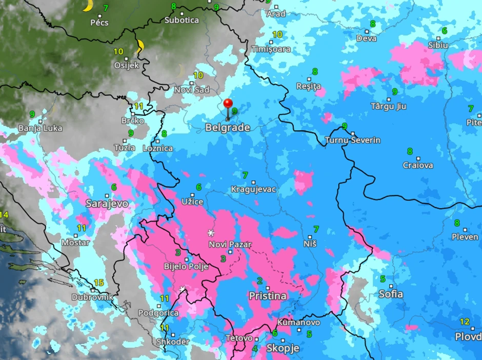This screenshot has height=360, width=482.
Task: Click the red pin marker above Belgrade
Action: click(228, 104)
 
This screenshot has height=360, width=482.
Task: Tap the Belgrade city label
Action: click(228, 128)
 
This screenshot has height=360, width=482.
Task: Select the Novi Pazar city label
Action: click(230, 245)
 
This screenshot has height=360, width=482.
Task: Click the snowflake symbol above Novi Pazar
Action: click(211, 233)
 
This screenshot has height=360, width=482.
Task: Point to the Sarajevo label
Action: click(107, 204)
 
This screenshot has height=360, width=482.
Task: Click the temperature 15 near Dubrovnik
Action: click(98, 283)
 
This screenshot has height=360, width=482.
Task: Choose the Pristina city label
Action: click(267, 296)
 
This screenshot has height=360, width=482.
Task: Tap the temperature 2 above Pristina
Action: click(259, 281)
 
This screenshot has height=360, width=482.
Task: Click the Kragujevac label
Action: click(253, 189)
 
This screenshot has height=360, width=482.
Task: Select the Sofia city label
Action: click(391, 294)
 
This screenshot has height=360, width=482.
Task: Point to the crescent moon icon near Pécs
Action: click(88, 5)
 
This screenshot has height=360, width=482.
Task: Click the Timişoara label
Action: click(271, 49)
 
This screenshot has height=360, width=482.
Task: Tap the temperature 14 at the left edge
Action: click(4, 214)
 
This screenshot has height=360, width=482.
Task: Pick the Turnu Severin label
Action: click(353, 140)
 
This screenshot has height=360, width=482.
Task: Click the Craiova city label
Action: click(418, 165)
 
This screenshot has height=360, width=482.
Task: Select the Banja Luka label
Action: click(40, 128)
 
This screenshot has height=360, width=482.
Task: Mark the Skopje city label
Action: click(282, 348)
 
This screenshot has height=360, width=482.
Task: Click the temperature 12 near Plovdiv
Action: click(464, 322)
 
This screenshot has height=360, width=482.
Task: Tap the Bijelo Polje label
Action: click(186, 266)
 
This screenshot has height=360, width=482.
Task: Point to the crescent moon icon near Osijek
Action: click(139, 46)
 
